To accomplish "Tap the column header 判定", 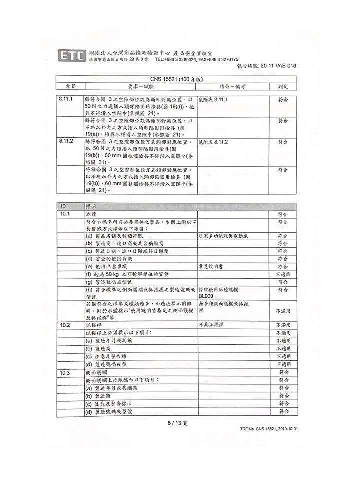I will tap(283, 86).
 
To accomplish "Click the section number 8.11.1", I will tap(66, 100).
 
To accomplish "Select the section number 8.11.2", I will tap(66, 142).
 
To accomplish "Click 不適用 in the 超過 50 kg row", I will tap(283, 274).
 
